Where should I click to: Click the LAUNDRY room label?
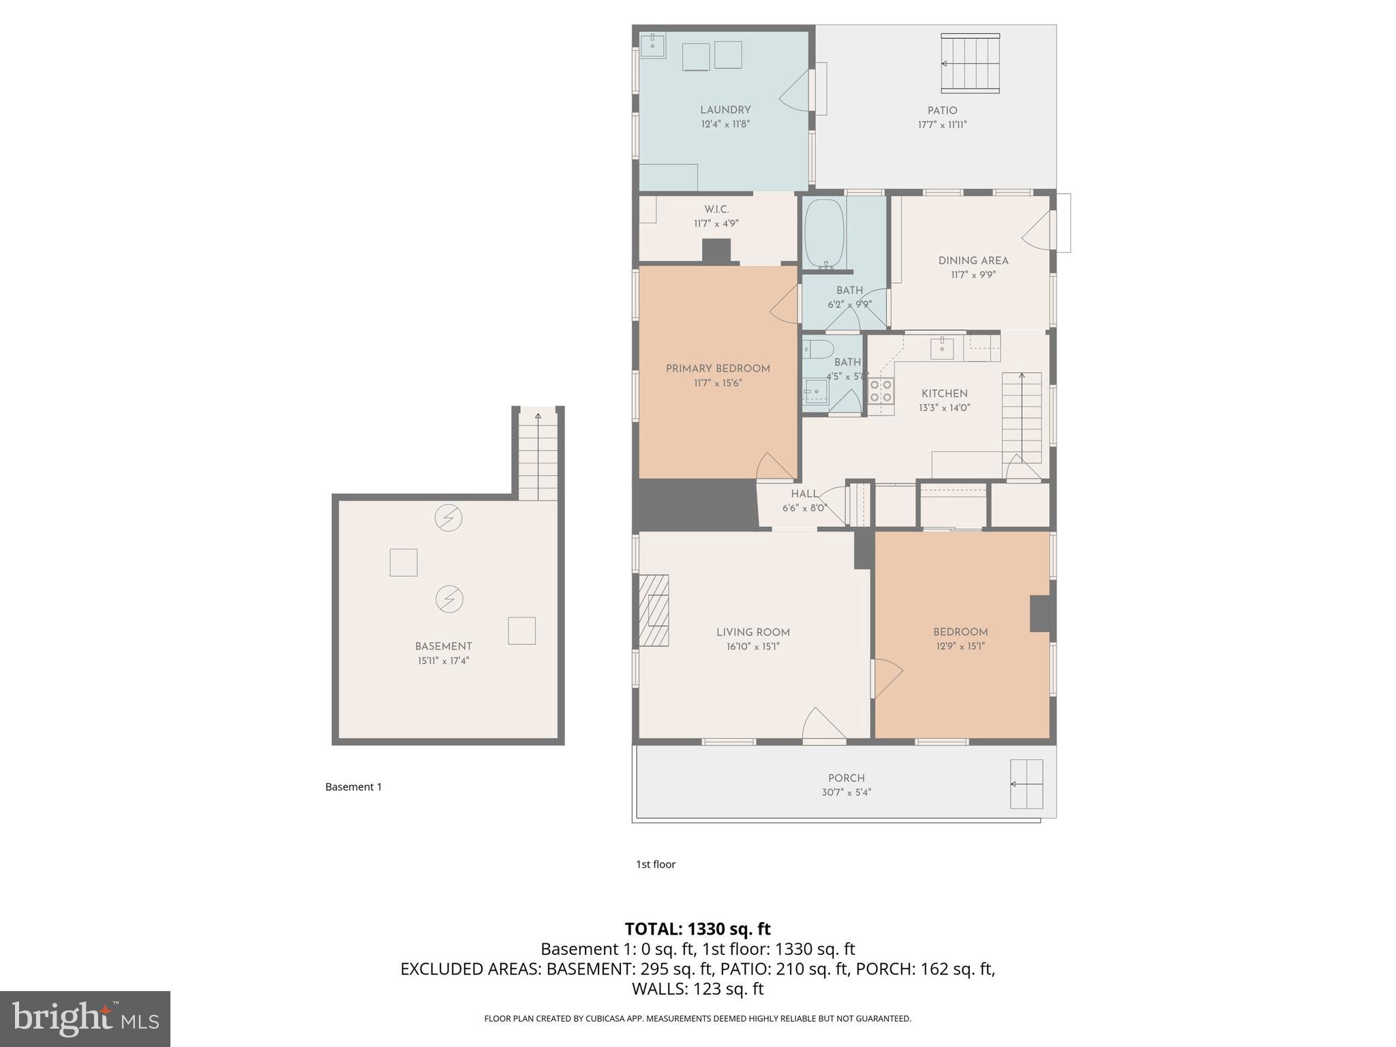tap(725, 110)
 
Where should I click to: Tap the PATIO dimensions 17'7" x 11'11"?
tap(942, 125)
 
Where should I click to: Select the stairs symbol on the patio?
tap(970, 63)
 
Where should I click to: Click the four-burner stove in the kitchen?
tap(881, 391)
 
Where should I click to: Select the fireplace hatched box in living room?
tap(653, 610)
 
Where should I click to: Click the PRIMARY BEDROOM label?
tap(718, 369)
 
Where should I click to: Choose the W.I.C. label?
tap(716, 209)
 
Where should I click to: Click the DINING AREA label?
tap(973, 260)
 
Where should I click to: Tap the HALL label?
tap(804, 494)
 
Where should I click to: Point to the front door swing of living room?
tap(823, 725)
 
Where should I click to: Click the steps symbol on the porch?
tap(1027, 784)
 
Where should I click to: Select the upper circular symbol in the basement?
tap(449, 518)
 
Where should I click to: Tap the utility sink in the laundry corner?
tap(652, 46)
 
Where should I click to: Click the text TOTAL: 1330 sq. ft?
tap(697, 929)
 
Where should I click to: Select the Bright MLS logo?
tap(85, 1018)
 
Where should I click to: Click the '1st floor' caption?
tap(655, 864)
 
